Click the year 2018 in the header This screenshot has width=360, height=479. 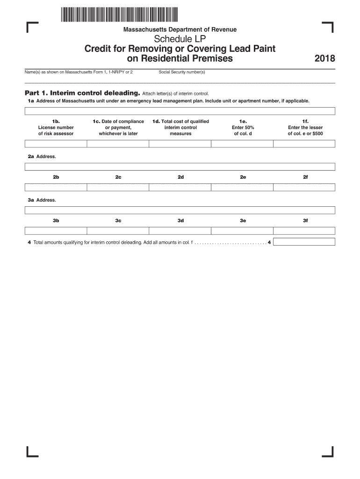tap(325, 59)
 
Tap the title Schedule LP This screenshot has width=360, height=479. tap(180, 39)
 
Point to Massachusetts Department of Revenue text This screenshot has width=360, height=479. tap(180, 29)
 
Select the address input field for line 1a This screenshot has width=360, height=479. tap(180, 111)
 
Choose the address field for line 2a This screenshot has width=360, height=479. tap(180, 167)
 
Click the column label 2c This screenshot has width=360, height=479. tap(118, 177)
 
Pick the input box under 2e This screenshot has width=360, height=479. tap(242, 187)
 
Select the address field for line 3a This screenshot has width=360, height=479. tap(180, 210)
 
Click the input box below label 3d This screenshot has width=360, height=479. tap(180, 230)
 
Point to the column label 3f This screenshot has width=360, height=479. tap(305, 220)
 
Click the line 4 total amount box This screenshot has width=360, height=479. tap(304, 242)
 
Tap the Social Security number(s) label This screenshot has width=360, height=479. tap(182, 72)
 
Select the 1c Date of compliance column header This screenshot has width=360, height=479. tap(118, 127)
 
